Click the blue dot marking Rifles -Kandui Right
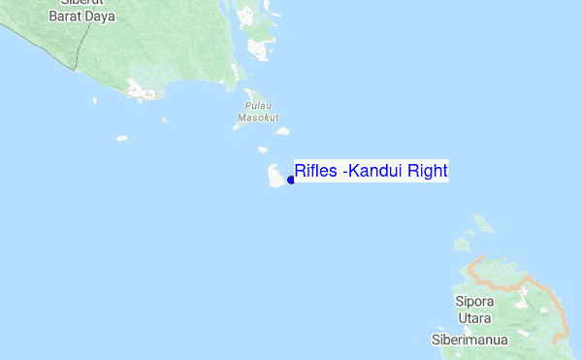pyautogui.click(x=291, y=180)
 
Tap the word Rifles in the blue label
pyautogui.click(x=314, y=172)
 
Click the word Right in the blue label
pyautogui.click(x=427, y=172)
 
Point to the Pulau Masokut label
pyautogui.click(x=256, y=112)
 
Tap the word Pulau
pyautogui.click(x=256, y=106)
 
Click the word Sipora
pyautogui.click(x=474, y=302)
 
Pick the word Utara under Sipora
pyautogui.click(x=474, y=318)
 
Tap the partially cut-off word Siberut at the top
pyautogui.click(x=81, y=4)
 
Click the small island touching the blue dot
pyautogui.click(x=275, y=176)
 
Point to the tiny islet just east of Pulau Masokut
pyautogui.click(x=282, y=130)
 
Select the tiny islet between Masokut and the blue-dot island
pyautogui.click(x=263, y=149)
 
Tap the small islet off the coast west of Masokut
pyautogui.click(x=121, y=138)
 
